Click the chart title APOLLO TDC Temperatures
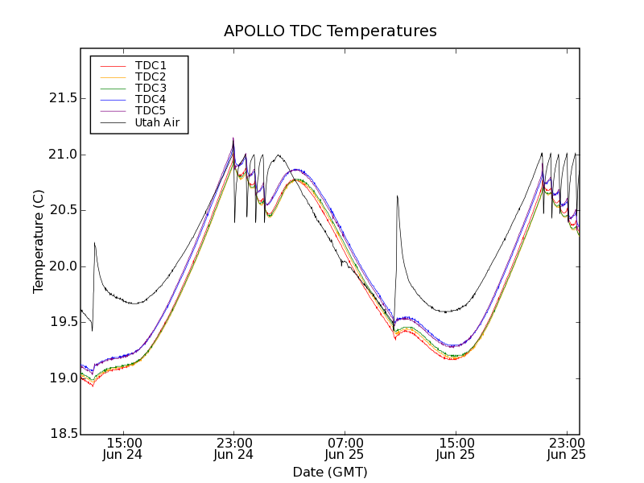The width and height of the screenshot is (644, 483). [x=330, y=31]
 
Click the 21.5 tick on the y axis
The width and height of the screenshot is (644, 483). [x=58, y=98]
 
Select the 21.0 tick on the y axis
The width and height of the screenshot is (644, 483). [x=58, y=155]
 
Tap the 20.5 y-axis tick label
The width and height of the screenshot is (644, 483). [x=58, y=210]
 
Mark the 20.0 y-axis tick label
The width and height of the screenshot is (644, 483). [x=58, y=266]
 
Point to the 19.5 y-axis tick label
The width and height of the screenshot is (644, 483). [x=58, y=322]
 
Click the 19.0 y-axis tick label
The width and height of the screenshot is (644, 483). [x=58, y=378]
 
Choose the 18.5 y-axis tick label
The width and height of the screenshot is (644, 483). [x=58, y=434]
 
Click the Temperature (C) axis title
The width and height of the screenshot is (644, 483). [x=39, y=242]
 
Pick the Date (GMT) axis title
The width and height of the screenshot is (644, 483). [x=330, y=472]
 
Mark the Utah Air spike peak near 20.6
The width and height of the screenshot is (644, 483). [x=397, y=196]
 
